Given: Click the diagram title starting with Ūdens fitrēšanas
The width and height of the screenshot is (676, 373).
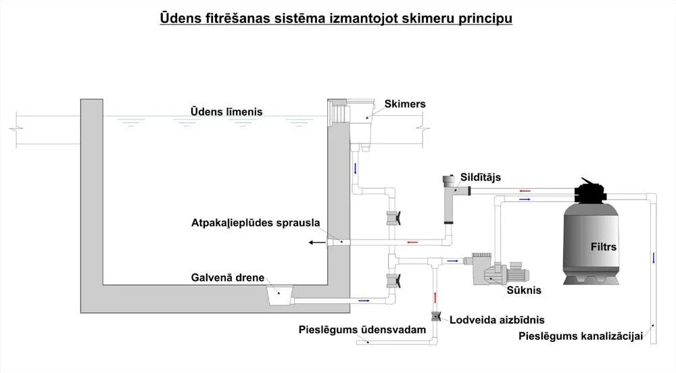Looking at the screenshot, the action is coord(336,18).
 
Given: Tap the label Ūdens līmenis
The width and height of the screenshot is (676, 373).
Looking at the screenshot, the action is coord(226,111).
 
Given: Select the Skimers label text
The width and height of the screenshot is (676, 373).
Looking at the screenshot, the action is coord(405,104).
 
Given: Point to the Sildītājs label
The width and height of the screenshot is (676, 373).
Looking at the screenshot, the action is coord(481,177).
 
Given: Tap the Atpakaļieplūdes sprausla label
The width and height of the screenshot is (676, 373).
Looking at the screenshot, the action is coord(256,222).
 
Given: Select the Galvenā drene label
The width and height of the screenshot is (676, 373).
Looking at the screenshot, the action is coord(227,278).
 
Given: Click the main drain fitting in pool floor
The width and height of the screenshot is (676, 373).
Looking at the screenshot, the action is coord(279,296).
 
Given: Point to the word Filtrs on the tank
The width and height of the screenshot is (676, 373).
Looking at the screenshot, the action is coord(602,246).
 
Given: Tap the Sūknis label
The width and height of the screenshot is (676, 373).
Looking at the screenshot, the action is coord(524,290).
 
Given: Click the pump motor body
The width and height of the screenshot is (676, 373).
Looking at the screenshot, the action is coord(515,272).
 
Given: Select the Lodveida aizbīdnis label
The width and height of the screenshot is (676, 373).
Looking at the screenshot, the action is coord(497,320).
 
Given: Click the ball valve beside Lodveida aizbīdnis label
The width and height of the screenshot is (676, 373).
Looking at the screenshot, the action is coord(435,315).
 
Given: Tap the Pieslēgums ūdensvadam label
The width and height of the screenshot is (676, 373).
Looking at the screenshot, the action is coord(362,330).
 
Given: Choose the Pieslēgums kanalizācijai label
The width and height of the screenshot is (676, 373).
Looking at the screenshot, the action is coord(581,336).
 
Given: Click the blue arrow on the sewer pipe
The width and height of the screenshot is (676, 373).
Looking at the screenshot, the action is coord(654,258).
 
